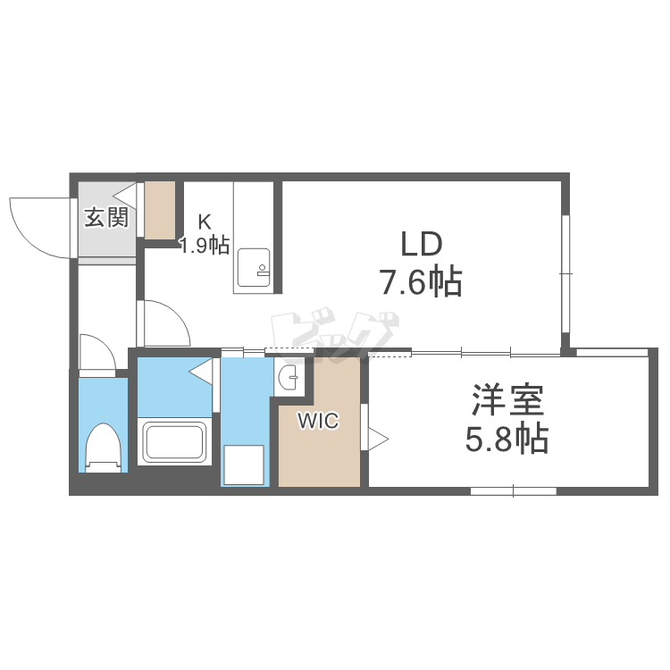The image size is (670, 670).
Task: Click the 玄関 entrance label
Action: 106,217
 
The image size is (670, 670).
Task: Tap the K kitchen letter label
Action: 205,222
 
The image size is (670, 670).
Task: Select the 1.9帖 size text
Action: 205,246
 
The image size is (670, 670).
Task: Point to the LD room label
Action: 421,244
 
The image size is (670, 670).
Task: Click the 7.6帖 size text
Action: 422,281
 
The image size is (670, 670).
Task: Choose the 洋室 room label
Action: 507,400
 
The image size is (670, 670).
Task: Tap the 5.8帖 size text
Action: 507,438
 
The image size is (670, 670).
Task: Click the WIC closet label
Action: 318,421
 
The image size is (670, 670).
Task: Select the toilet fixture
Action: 103,448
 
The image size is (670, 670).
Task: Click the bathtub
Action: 175,442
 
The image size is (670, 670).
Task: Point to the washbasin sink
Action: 288,377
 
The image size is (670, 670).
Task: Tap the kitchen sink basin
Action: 254,267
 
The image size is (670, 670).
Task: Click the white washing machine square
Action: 244,465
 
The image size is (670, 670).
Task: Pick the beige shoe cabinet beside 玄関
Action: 160,210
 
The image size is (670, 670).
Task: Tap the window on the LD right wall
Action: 565,273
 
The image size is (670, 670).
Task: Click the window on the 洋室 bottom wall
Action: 513,491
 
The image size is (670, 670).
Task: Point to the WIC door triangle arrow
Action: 378,439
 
